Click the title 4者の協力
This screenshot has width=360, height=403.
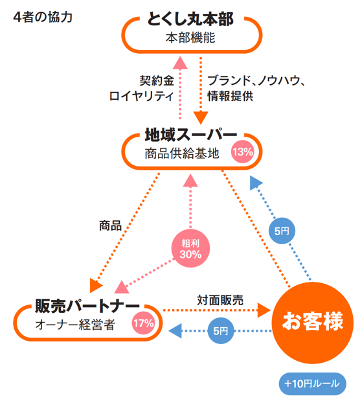pyautogui.click(x=43, y=17)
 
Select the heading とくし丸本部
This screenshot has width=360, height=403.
pyautogui.click(x=190, y=19)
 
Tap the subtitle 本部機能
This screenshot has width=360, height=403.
pyautogui.click(x=190, y=38)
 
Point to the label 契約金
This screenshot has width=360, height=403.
pyautogui.click(x=157, y=80)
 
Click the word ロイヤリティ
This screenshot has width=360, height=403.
pyautogui.click(x=142, y=96)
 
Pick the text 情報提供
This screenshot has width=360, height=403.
pyautogui.click(x=231, y=96)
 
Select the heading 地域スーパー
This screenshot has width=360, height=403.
pyautogui.click(x=191, y=135)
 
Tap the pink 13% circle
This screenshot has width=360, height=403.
pyautogui.click(x=243, y=152)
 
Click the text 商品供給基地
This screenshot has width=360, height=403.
pyautogui.click(x=182, y=154)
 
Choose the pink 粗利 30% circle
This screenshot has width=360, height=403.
pyautogui.click(x=190, y=248)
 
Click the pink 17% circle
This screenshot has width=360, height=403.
pyautogui.click(x=144, y=323)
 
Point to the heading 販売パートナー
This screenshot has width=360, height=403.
pyautogui.click(x=87, y=306)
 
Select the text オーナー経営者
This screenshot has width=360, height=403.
pyautogui.click(x=75, y=325)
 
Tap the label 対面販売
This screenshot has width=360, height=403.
pyautogui.click(x=220, y=300)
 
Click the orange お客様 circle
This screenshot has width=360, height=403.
pyautogui.click(x=313, y=323)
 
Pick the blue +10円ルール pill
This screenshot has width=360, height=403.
pyautogui.click(x=313, y=384)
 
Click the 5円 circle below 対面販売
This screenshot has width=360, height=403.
pyautogui.click(x=221, y=331)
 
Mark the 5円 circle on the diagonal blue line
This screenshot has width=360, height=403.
pyautogui.click(x=282, y=231)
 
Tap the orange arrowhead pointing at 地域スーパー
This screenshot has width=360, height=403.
pyautogui.click(x=201, y=118)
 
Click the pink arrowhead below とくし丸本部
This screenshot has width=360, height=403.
pyautogui.click(x=180, y=63)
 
